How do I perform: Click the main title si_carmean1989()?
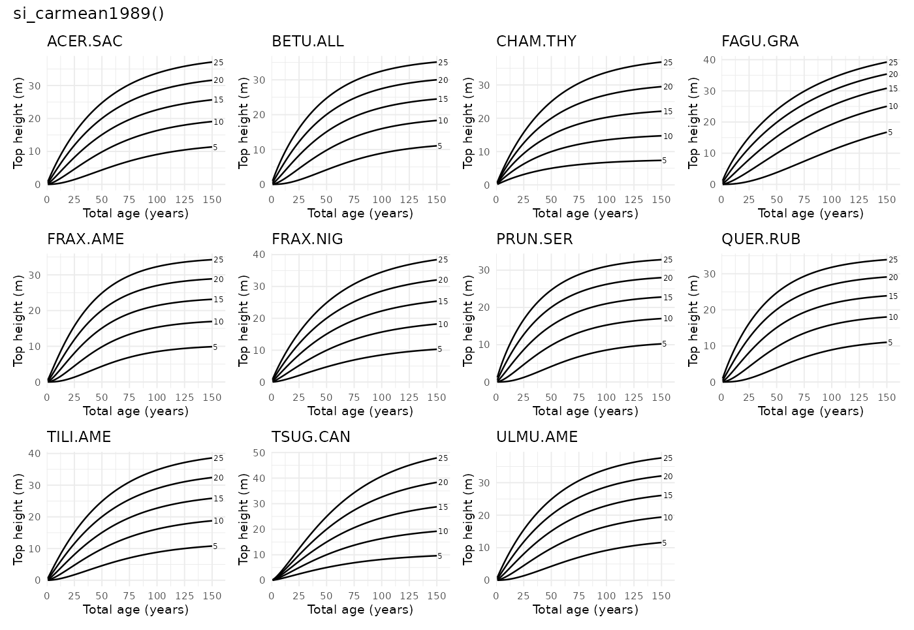tap(89, 14)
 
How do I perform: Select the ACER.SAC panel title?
tap(84, 42)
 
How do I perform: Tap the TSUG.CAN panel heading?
tap(311, 437)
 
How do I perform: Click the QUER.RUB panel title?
tap(761, 240)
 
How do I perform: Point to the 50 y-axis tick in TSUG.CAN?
tap(259, 452)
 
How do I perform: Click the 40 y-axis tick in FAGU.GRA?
tap(709, 59)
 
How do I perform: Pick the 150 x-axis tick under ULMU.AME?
tap(661, 595)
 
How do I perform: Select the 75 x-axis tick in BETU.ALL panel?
tap(354, 200)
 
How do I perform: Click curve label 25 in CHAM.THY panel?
tap(668, 63)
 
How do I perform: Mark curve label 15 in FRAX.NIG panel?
tap(443, 302)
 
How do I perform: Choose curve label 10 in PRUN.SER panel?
tap(668, 319)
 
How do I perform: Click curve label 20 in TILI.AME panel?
tap(219, 478)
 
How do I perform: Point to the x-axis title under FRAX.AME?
tap(136, 411)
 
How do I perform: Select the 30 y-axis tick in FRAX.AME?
tap(35, 276)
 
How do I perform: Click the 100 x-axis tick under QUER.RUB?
tap(831, 397)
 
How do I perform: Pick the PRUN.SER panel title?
tap(534, 240)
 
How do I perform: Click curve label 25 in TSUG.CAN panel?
tap(443, 458)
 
